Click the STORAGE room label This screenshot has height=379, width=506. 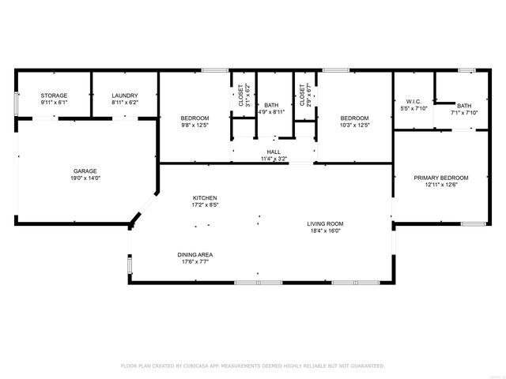[x=54, y=96]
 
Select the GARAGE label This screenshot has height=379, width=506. [x=85, y=171]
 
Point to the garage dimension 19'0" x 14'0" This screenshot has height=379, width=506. [x=85, y=179]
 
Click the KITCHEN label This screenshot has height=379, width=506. [x=205, y=197]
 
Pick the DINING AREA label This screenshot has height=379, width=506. [x=194, y=254]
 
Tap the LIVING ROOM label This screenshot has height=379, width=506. [x=325, y=223]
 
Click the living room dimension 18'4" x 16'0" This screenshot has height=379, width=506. [x=325, y=231]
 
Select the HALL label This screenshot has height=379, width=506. [x=274, y=152]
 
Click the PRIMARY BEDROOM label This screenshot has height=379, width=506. [x=441, y=178]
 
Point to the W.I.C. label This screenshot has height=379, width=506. [x=414, y=101]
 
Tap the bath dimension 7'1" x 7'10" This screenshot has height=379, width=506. [x=464, y=113]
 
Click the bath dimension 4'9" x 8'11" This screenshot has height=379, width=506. [x=271, y=112]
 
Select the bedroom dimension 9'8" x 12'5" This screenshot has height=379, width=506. [x=194, y=125]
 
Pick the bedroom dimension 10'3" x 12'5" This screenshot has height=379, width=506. [x=355, y=125]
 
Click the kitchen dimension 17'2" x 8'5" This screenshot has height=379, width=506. [x=205, y=205]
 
